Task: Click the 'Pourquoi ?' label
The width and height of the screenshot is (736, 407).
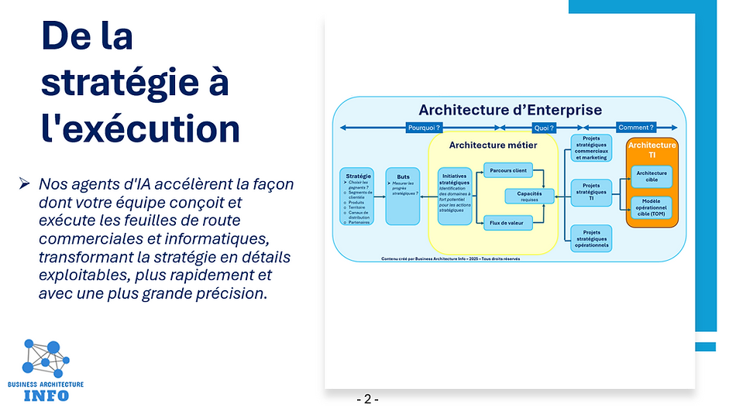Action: click(424, 128)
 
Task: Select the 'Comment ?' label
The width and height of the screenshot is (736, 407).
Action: click(635, 128)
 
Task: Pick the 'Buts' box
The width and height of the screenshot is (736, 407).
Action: click(402, 196)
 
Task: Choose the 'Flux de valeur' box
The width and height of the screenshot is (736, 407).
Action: click(507, 223)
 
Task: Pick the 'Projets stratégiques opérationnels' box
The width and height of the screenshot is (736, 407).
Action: click(591, 238)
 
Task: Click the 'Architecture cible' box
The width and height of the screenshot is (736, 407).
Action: click(652, 176)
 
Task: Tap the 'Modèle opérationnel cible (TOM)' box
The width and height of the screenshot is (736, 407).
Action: click(652, 207)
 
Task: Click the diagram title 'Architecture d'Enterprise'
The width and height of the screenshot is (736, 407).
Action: click(510, 110)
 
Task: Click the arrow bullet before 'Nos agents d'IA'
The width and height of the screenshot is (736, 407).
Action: click(25, 184)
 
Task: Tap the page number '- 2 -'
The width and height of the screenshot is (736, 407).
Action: click(367, 399)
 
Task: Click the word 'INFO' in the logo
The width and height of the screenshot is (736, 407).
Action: click(46, 395)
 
